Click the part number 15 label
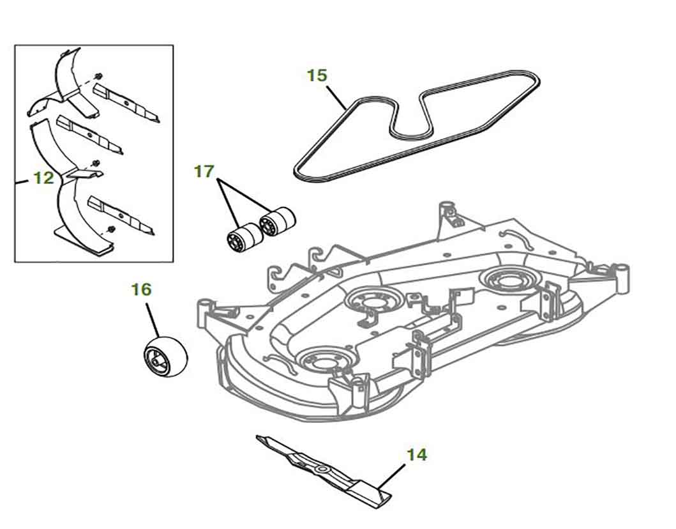317,75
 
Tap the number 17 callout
204,172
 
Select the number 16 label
141,289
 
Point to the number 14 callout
417,455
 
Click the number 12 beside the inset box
43,178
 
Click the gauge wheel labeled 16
165,354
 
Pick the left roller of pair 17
244,236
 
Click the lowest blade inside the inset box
121,214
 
